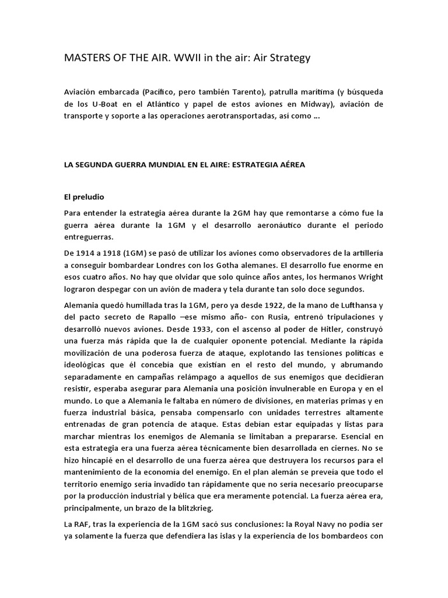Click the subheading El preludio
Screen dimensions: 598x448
coord(83,197)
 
